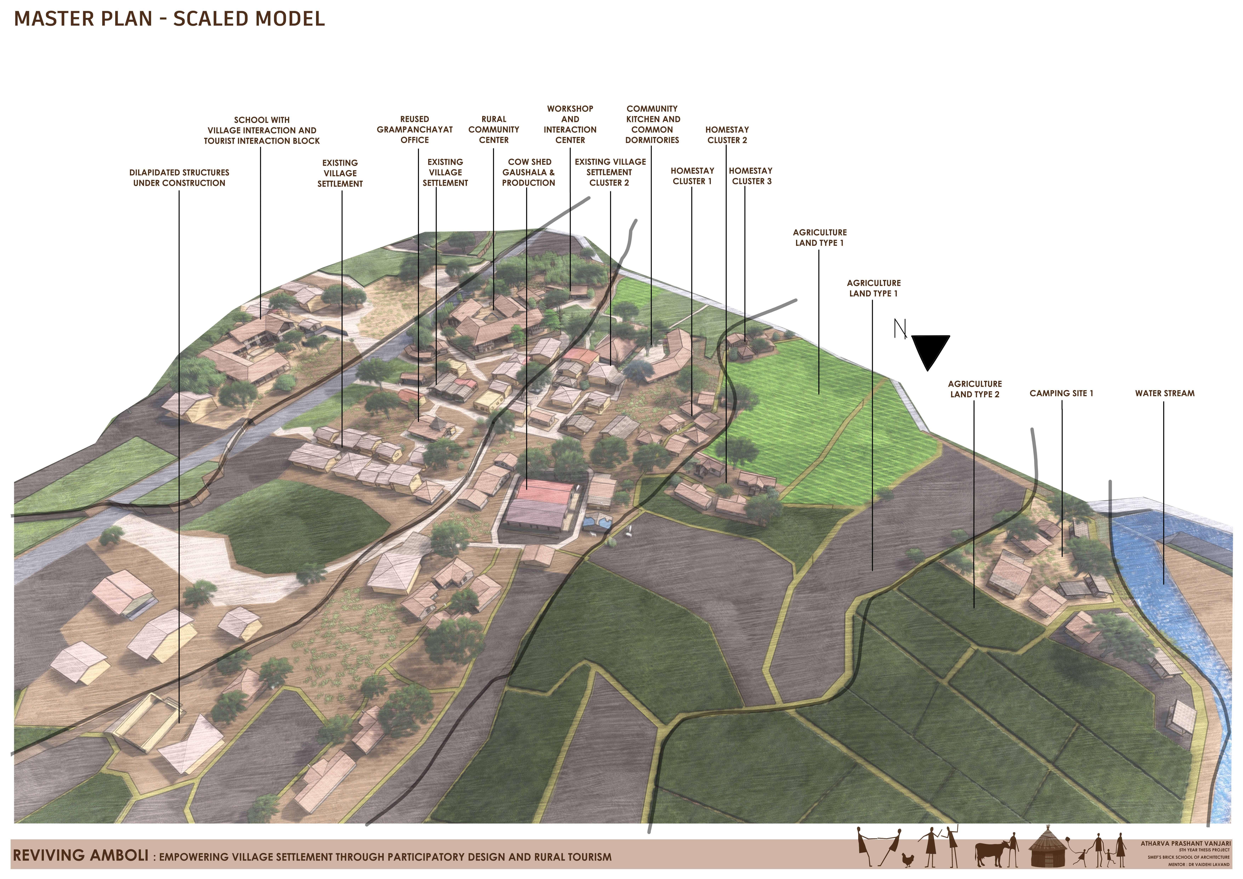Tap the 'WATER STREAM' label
1165,394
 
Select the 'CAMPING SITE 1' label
1061,394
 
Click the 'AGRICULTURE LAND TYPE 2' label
974,389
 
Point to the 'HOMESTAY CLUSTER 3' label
751,176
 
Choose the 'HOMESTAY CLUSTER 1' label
692,176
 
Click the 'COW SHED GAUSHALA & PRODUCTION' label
528,172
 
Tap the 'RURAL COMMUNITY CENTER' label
493,129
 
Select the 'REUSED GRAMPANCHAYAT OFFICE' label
415,129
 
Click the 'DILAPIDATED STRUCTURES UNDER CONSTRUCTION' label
179,177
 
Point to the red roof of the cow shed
545,491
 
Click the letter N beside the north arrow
899,329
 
